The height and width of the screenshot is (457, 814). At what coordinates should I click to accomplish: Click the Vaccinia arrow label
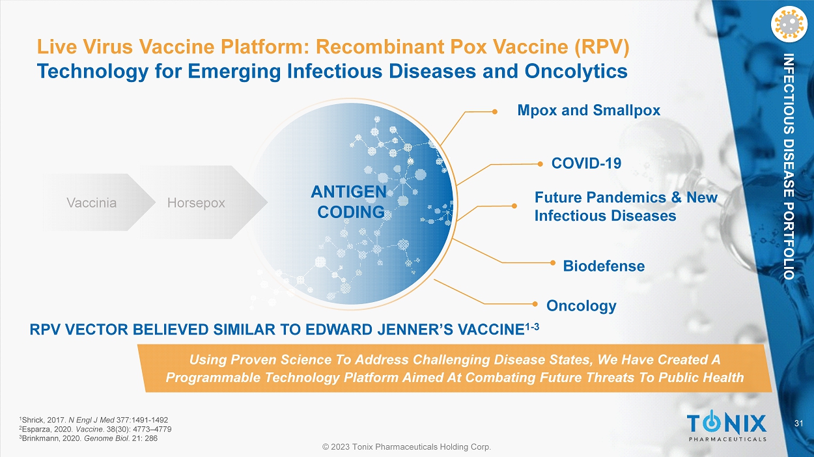[92, 202]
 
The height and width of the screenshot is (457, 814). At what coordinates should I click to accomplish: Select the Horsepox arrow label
[196, 202]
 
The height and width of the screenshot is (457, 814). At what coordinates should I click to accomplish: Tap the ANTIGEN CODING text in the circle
[349, 202]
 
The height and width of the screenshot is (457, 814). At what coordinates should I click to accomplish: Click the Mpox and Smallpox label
[589, 110]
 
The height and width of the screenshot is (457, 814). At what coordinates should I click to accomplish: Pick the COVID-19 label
[586, 163]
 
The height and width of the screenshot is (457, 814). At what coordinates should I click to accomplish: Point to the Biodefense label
[604, 266]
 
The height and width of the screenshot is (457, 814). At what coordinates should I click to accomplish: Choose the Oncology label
[582, 306]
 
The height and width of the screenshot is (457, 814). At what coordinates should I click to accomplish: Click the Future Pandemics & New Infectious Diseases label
[626, 206]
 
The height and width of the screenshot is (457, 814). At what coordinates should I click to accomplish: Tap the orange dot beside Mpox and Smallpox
[494, 112]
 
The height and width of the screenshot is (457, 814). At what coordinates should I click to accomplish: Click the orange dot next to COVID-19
[540, 164]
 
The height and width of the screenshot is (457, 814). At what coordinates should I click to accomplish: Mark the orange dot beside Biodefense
[553, 262]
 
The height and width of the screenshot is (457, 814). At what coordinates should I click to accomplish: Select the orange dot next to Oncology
[535, 304]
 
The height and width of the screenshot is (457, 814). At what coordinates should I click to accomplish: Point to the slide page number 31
[799, 423]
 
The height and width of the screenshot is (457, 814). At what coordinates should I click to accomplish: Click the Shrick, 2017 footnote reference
[94, 420]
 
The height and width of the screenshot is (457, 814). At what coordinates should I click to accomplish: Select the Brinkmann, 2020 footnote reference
[89, 438]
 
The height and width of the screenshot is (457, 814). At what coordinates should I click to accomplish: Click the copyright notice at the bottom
[406, 447]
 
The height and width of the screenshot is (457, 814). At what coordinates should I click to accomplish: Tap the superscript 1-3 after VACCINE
[532, 327]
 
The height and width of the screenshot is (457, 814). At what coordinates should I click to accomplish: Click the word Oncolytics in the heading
[576, 71]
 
